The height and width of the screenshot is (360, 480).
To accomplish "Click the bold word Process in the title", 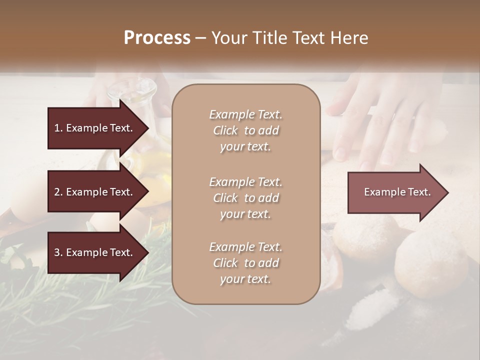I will click(157, 38).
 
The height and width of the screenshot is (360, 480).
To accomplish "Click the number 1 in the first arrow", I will click(57, 128).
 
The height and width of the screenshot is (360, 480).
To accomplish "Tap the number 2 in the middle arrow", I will click(57, 192).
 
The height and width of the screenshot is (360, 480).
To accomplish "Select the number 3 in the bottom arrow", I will click(57, 252).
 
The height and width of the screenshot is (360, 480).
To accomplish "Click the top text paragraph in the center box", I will click(245, 130).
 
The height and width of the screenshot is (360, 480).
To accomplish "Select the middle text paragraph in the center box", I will click(245, 197).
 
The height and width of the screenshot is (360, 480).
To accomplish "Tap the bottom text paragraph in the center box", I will click(245, 263).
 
